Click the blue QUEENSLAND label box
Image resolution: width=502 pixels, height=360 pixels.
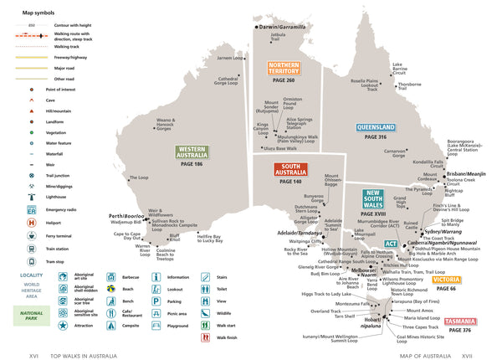[x=376, y=128]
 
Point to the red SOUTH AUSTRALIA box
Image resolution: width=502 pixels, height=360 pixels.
[x=290, y=170]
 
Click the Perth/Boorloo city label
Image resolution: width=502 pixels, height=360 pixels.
[x=127, y=216]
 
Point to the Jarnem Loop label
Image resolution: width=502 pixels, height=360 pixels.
[x=232, y=58]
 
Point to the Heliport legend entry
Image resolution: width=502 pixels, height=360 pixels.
[x=54, y=222]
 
